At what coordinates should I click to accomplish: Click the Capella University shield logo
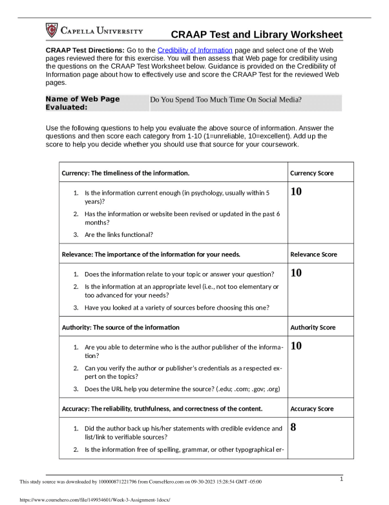coord(52,30)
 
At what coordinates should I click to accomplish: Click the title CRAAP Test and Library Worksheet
coord(257,35)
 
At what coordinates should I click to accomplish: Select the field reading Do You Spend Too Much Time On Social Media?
coord(226,100)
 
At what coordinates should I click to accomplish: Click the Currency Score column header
coord(312,174)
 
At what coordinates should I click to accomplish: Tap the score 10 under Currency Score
coord(297,192)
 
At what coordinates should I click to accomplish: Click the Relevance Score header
coord(313,254)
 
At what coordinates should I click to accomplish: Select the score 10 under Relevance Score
coord(297,273)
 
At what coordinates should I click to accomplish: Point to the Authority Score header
coord(313,328)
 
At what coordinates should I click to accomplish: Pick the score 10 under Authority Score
coord(297,346)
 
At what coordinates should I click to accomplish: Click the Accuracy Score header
coord(312,409)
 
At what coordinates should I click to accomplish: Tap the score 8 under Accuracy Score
coord(294,427)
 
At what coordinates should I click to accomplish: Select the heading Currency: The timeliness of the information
coord(125,174)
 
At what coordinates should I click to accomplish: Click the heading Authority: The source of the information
coord(120,328)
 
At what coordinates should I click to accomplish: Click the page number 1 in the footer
coord(341,478)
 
